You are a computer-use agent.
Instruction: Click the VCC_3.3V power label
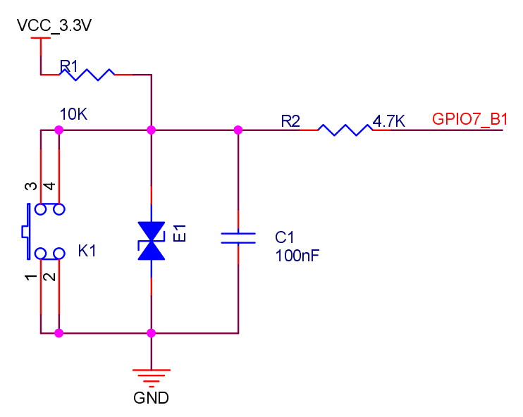54,25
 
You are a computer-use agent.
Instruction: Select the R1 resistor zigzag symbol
87,75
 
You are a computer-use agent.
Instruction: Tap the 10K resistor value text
73,114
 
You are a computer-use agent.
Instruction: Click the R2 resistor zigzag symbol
345,130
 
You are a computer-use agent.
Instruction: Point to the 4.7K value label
389,120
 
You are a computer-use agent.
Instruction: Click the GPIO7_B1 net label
469,119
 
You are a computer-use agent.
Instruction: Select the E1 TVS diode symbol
152,241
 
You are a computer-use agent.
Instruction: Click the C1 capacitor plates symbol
238,238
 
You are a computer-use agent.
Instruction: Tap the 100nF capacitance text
297,256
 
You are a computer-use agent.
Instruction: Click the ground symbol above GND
152,378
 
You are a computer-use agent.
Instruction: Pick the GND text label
151,398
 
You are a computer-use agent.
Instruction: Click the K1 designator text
87,251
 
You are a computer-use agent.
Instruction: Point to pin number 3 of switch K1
31,186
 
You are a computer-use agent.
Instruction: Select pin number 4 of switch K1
50,186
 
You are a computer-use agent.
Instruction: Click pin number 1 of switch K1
31,277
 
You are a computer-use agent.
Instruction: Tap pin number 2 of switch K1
50,277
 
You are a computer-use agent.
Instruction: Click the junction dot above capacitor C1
238,130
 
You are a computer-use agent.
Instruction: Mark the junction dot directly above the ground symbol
151,333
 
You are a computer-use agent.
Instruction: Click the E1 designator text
180,233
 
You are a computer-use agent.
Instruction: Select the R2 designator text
290,121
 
